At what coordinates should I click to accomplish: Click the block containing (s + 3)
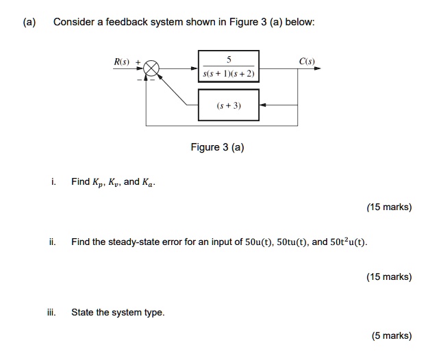[229, 105]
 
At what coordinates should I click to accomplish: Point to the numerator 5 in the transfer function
[229, 60]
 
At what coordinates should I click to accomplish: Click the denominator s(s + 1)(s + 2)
[229, 73]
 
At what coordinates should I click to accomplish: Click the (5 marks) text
[391, 335]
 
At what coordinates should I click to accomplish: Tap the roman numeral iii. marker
[52, 312]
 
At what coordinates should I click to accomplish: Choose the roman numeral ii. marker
[53, 242]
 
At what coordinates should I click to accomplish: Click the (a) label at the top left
[29, 22]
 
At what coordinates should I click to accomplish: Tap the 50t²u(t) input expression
[349, 242]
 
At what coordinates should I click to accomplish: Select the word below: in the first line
[301, 22]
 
